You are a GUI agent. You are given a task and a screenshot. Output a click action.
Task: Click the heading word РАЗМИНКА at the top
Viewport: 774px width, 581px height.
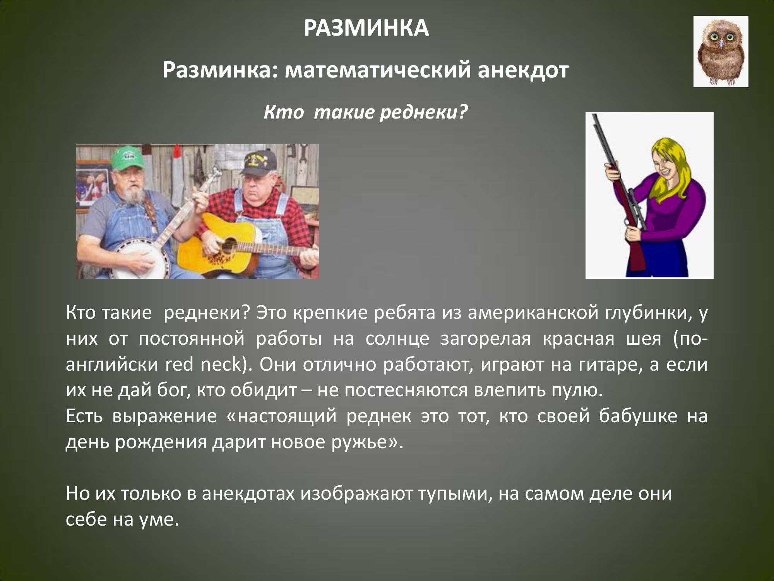(x=366, y=28)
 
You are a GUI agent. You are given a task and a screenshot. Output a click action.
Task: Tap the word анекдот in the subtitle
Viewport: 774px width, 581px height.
(x=523, y=70)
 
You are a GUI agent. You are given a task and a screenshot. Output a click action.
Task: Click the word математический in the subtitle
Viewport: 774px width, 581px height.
(x=377, y=70)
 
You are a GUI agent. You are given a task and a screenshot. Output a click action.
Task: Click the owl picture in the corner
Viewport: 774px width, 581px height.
(x=721, y=52)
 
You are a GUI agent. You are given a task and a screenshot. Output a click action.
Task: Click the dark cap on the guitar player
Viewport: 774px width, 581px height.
(x=259, y=159)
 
